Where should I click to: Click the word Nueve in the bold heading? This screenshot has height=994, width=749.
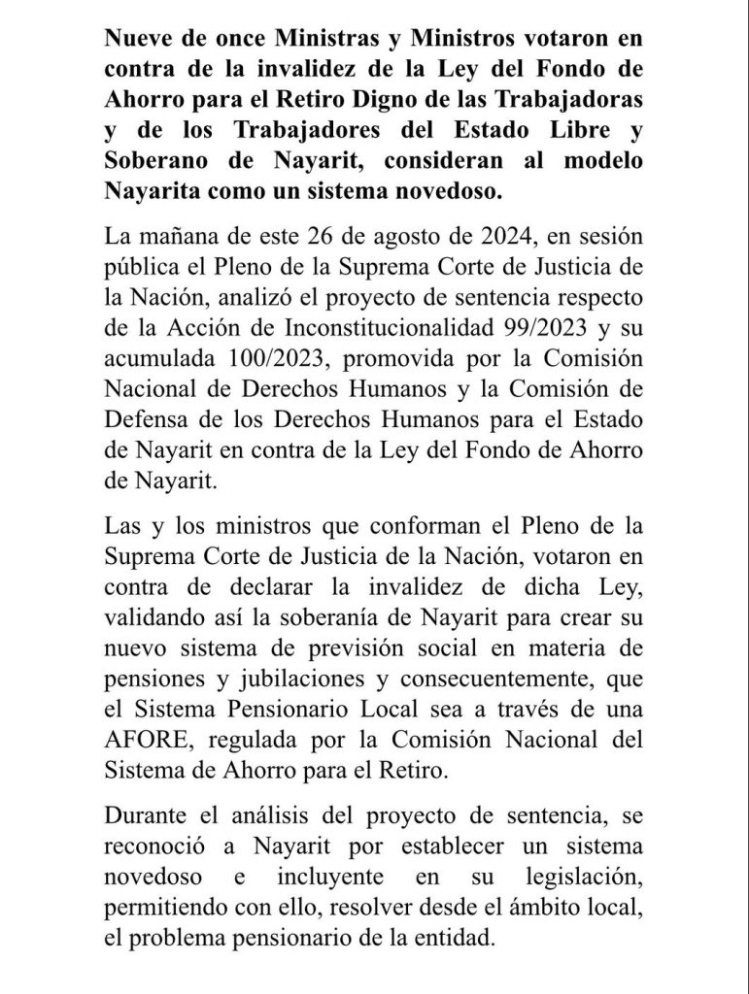[x=137, y=40]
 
